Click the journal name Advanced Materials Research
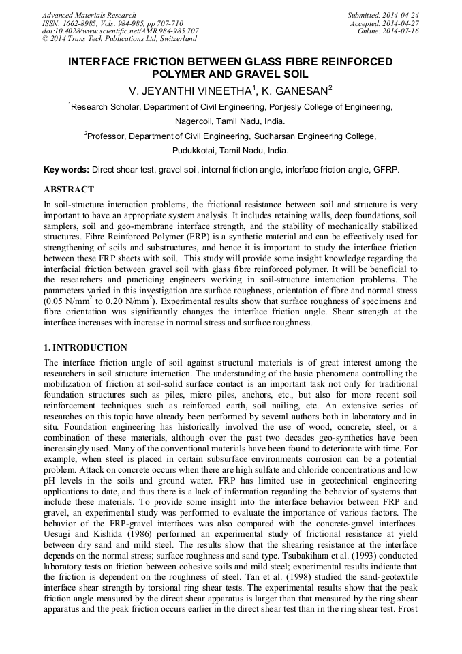click(x=89, y=15)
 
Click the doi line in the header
click(x=120, y=31)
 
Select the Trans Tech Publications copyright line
click(x=119, y=40)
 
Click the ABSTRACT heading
click(x=69, y=189)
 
